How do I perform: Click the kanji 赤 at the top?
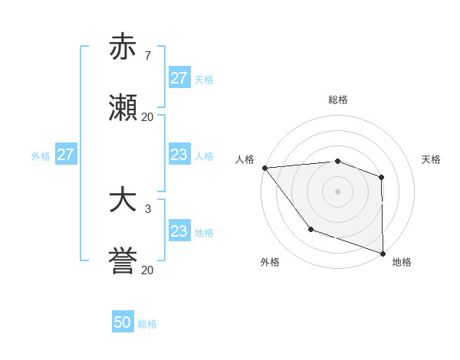point(123,47)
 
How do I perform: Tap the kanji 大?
point(123,201)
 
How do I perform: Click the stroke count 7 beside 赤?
point(147,55)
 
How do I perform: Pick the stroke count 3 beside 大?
point(147,208)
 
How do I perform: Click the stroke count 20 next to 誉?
point(147,270)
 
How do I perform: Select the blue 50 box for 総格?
point(123,322)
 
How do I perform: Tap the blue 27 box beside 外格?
point(65,155)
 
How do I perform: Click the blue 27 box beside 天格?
point(179,78)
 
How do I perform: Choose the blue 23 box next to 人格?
point(179,155)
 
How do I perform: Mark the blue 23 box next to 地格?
point(179,231)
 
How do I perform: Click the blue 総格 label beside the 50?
point(147,324)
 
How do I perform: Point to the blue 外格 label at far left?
point(41,155)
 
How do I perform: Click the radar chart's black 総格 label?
point(338,100)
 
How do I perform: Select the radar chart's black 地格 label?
point(402,262)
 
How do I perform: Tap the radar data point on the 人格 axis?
point(264,168)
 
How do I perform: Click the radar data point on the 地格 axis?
point(383,253)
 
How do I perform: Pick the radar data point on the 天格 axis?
point(381,177)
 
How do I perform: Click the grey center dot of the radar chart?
point(337,191)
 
